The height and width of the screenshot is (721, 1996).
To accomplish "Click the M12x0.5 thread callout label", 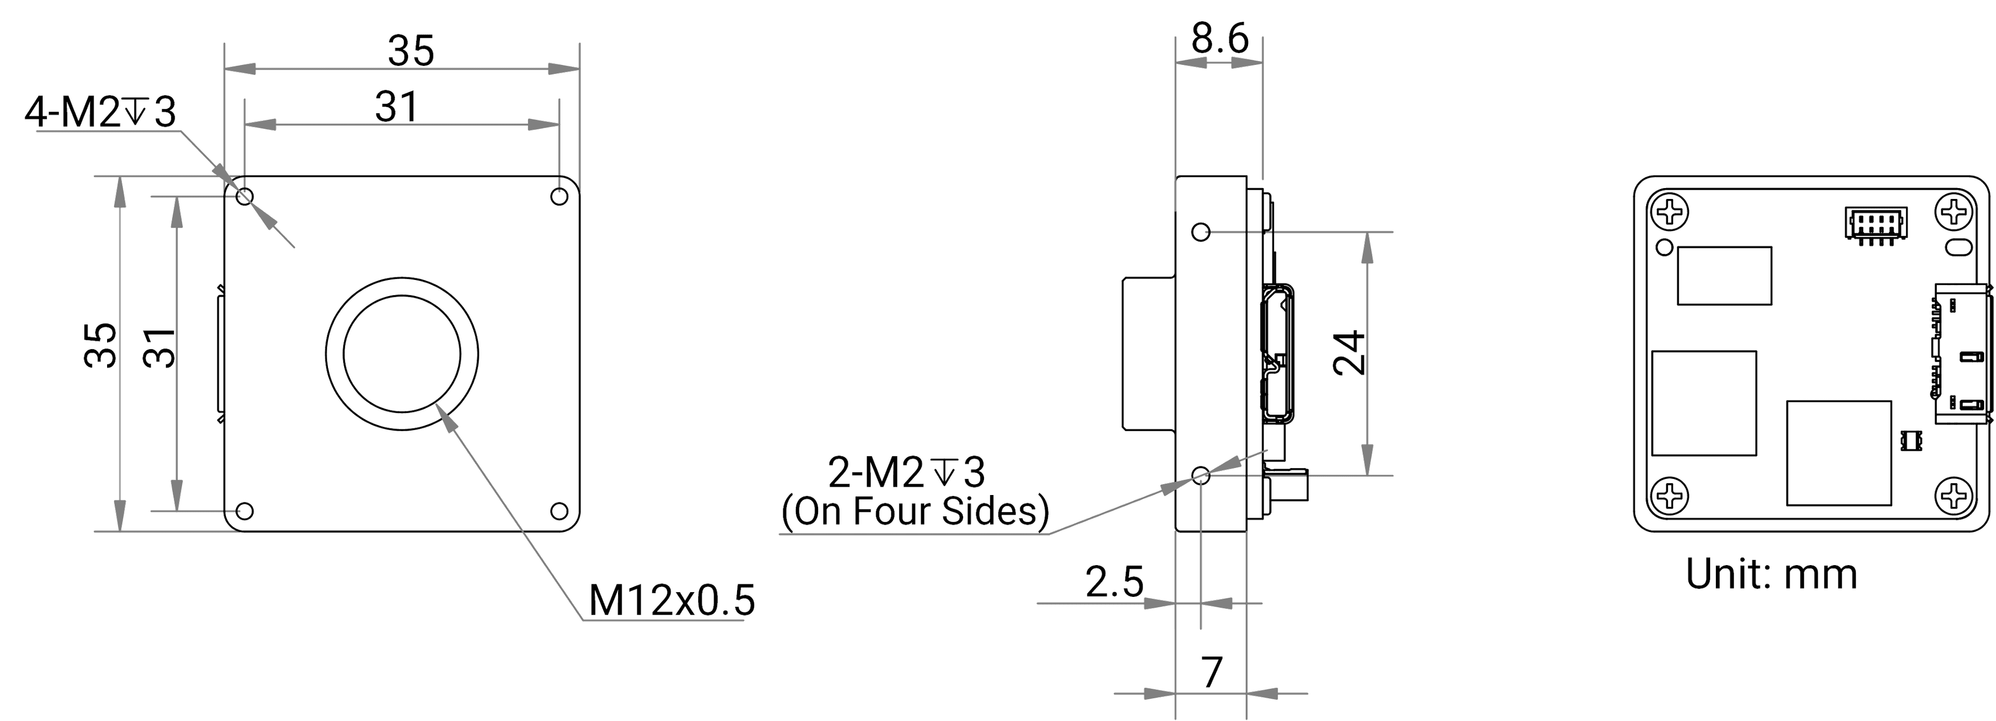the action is pyautogui.click(x=672, y=600).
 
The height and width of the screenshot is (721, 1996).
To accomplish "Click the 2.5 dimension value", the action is pyautogui.click(x=1114, y=582).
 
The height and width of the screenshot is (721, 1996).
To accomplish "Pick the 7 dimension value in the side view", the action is pyautogui.click(x=1212, y=672).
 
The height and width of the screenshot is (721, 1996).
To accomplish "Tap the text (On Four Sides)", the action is pyautogui.click(x=915, y=512).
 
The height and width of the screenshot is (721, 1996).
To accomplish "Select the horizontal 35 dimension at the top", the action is pyautogui.click(x=411, y=51).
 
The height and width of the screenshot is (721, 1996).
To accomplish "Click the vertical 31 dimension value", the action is pyautogui.click(x=161, y=347).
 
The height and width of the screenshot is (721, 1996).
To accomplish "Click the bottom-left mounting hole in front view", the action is pyautogui.click(x=244, y=511).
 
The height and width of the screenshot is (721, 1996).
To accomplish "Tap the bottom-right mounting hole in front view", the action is pyautogui.click(x=559, y=511).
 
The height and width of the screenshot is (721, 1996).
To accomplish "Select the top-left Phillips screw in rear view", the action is pyautogui.click(x=1670, y=212).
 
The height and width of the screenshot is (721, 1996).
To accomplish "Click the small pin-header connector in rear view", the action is pyautogui.click(x=1874, y=224).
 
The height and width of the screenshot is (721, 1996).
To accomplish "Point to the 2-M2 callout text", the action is pyautogui.click(x=907, y=472).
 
